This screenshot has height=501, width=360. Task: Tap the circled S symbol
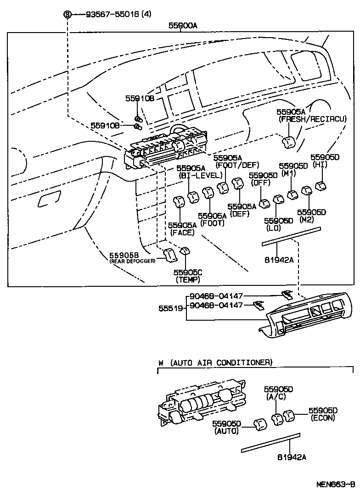click(67, 14)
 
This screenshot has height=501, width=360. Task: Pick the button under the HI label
click(321, 186)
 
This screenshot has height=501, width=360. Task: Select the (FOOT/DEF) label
click(237, 165)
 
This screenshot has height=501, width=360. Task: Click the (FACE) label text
click(182, 233)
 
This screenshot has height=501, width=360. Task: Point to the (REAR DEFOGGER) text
click(133, 261)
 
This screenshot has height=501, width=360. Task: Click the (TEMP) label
click(188, 279)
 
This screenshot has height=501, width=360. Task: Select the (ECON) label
click(323, 418)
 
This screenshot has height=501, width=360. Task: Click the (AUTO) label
click(226, 431)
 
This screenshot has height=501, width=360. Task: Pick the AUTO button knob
click(260, 425)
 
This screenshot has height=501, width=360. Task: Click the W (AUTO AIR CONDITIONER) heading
click(215, 362)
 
